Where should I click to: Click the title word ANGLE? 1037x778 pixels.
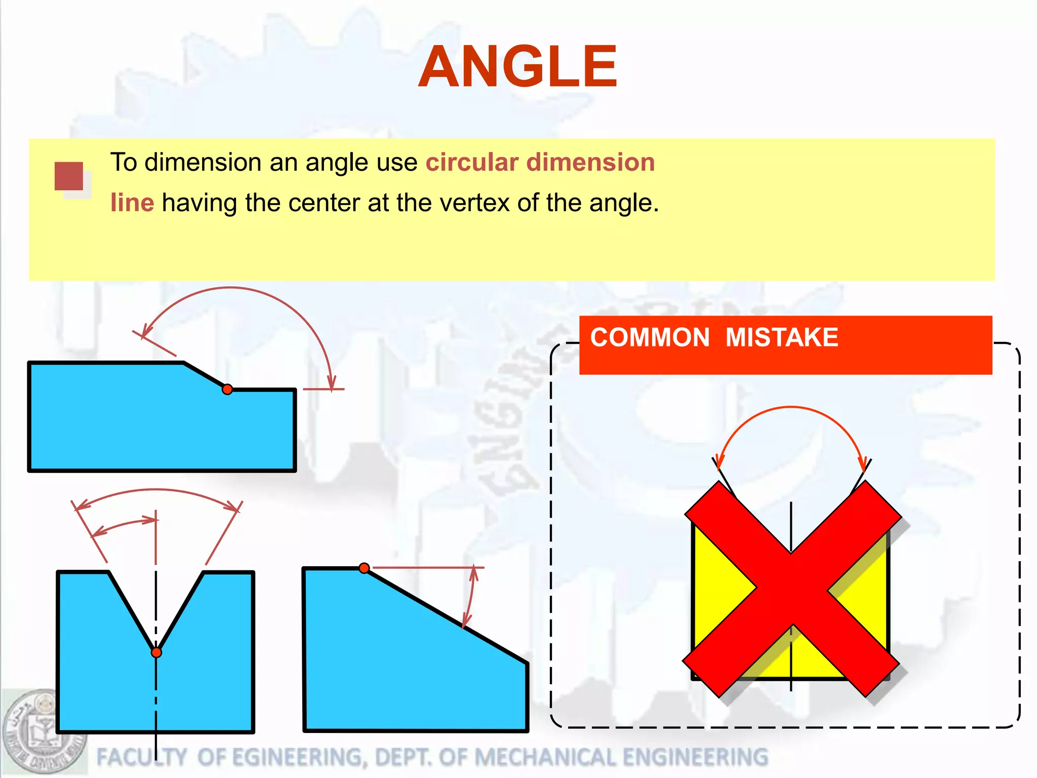point(517,67)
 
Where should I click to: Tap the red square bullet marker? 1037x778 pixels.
point(69,176)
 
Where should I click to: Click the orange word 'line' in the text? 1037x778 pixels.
point(132,203)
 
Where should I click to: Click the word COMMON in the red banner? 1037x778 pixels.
point(650,337)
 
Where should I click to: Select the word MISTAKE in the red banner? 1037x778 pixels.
point(782,337)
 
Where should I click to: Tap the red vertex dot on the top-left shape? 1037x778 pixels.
point(227,389)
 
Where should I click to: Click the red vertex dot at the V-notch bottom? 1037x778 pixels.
point(156,652)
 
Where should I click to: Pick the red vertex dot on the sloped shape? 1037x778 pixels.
point(364,568)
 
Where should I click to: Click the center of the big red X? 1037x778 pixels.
point(791,589)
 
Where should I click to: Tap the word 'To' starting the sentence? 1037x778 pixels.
point(124,163)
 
